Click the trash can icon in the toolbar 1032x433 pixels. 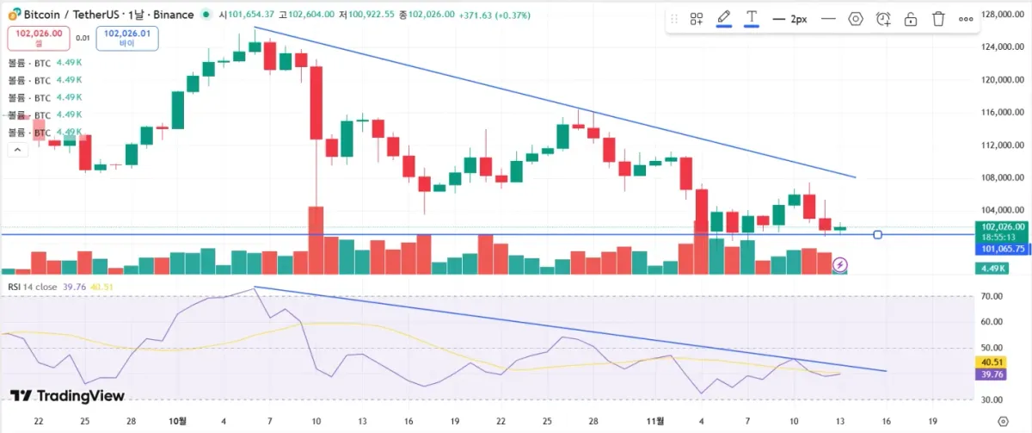point(938,19)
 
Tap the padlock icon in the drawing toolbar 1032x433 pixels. point(911,19)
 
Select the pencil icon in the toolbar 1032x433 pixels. point(724,18)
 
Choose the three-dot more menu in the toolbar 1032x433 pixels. point(966,19)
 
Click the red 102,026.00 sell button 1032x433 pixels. point(38,36)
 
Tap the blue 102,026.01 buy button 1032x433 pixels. point(126,36)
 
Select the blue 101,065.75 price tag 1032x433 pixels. point(1002,249)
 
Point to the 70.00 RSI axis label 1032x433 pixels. point(992,296)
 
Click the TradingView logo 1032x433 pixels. point(67,396)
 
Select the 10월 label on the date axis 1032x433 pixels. point(178,421)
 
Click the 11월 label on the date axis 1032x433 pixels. point(655,421)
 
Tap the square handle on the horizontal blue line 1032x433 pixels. point(877,234)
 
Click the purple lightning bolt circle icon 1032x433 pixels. point(840,264)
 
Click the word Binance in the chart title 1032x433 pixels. point(174,15)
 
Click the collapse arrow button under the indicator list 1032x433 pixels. point(16,149)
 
